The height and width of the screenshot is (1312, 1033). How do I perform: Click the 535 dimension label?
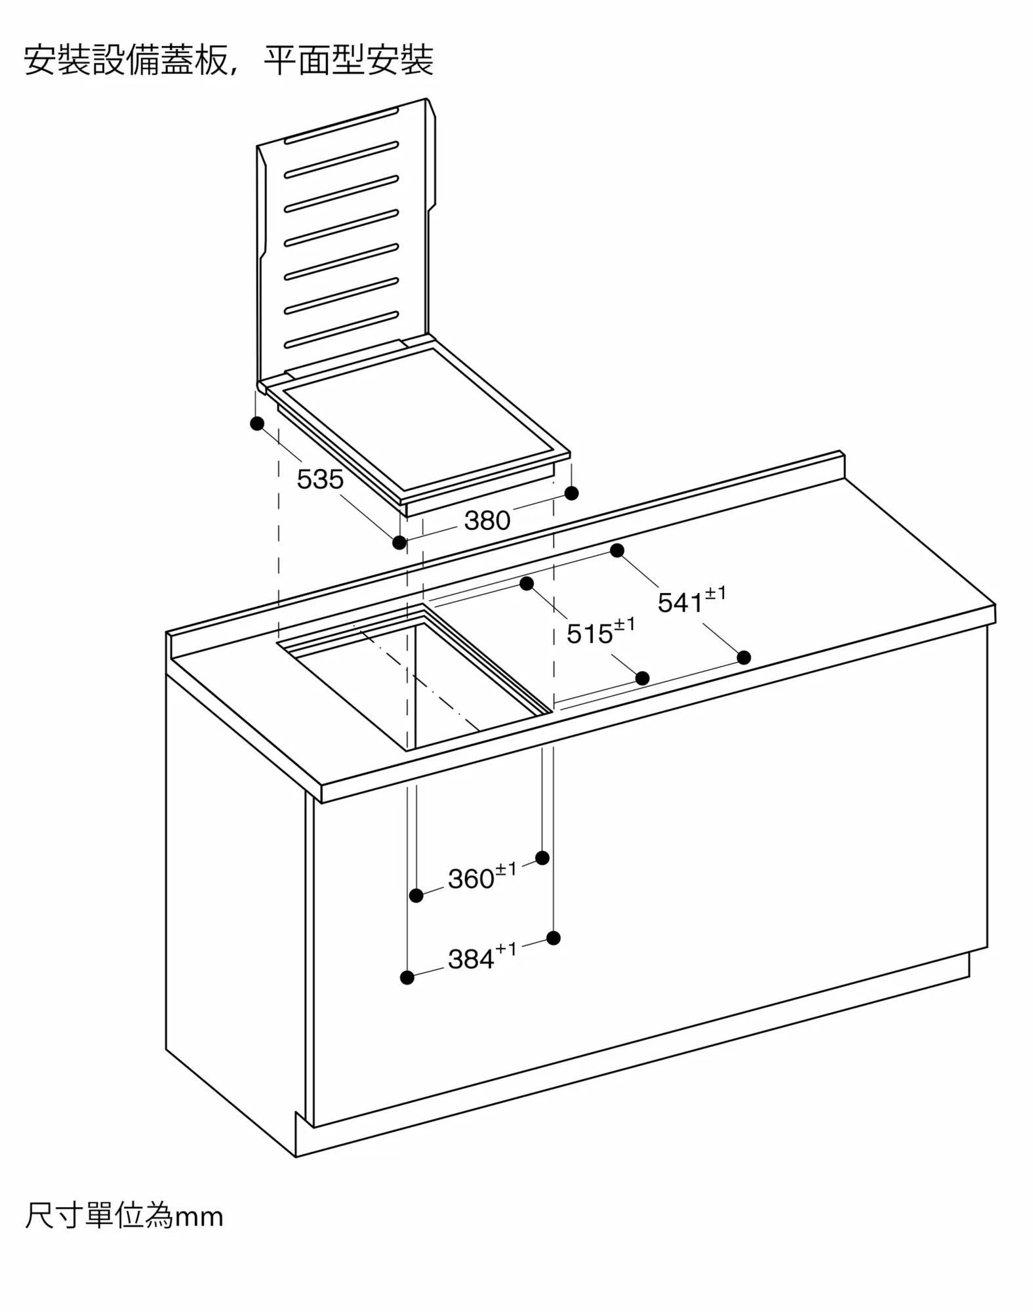(x=320, y=480)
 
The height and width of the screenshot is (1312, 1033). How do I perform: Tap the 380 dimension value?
(x=487, y=521)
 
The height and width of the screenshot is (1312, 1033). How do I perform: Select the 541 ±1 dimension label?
(x=692, y=601)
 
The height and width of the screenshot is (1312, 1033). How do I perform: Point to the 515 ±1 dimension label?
(x=601, y=632)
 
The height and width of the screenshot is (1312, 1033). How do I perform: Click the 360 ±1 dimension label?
(x=482, y=877)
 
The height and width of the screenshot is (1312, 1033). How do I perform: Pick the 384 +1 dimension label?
(x=482, y=957)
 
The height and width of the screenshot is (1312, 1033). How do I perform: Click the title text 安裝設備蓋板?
(x=126, y=60)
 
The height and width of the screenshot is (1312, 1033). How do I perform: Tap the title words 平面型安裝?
(x=348, y=60)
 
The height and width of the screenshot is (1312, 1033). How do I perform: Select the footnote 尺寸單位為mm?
(x=124, y=1216)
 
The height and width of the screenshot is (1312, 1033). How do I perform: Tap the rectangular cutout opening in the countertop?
(x=415, y=679)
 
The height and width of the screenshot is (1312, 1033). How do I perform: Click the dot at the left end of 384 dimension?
(x=407, y=977)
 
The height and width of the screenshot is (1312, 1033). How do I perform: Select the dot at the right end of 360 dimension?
(x=542, y=858)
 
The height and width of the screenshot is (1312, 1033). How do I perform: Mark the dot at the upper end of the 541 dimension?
(x=617, y=550)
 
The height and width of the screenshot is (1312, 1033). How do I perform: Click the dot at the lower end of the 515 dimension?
(x=643, y=678)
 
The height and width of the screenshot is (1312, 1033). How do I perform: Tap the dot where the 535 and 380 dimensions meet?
(x=399, y=543)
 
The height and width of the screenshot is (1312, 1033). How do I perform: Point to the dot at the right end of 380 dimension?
(x=571, y=493)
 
